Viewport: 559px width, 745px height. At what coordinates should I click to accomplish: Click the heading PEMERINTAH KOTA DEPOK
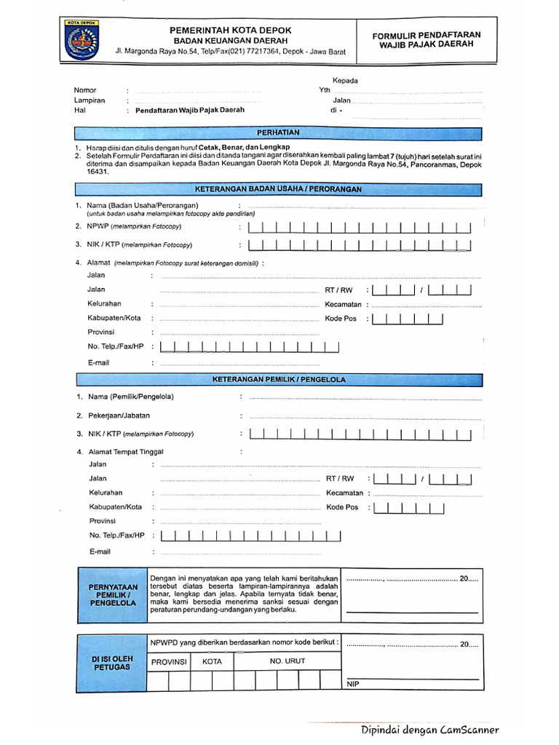tap(230, 30)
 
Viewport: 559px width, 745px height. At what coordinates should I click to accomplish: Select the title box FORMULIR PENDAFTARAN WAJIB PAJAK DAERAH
tap(426, 39)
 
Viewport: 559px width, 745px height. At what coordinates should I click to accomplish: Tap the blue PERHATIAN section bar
tap(278, 132)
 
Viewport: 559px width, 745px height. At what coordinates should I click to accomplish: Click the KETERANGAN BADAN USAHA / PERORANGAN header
tap(278, 189)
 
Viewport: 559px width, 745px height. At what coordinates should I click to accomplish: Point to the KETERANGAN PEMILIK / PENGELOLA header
tap(279, 380)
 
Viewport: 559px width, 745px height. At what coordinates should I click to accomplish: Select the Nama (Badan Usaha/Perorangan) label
tap(142, 205)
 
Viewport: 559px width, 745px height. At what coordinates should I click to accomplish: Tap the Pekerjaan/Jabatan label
tap(119, 415)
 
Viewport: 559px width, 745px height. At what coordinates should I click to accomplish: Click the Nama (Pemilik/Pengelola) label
tap(130, 397)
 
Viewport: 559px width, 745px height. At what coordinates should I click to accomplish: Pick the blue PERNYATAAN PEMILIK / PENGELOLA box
tap(112, 594)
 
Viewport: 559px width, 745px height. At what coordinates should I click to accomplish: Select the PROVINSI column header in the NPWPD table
tap(169, 662)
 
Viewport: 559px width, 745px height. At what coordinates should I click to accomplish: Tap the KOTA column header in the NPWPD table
tap(212, 662)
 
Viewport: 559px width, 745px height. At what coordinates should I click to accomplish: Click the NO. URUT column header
tap(288, 661)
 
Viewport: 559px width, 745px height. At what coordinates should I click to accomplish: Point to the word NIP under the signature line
tap(353, 685)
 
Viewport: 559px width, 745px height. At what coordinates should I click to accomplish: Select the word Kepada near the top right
tap(345, 81)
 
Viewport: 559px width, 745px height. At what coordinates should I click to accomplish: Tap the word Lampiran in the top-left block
tap(90, 100)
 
